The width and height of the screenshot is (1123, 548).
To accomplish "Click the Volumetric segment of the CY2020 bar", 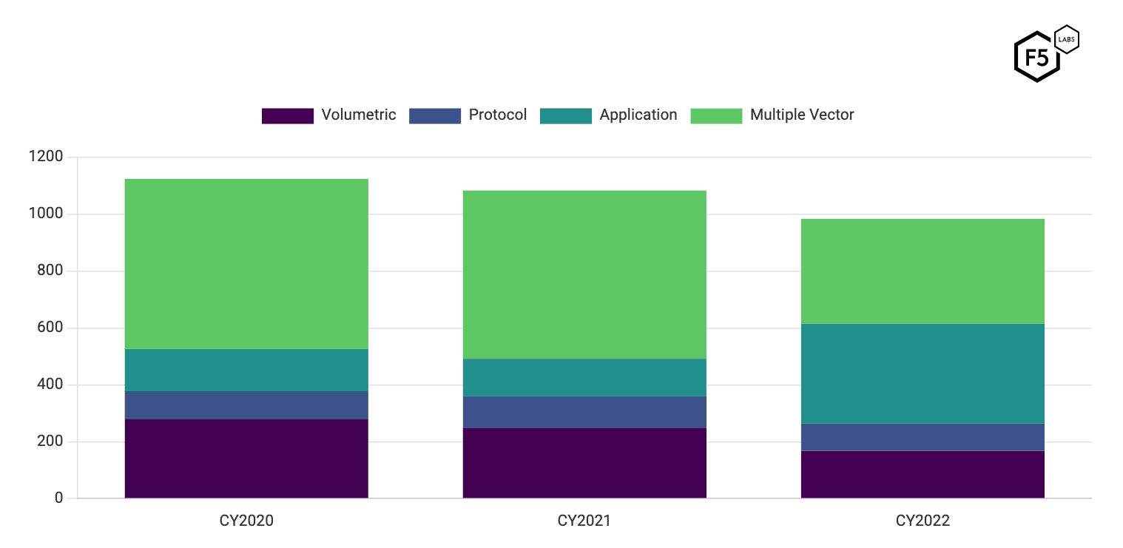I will (246, 459).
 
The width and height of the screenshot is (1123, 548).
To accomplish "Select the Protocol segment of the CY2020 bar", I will (246, 405).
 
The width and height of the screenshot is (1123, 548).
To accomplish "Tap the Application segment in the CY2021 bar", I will (584, 377).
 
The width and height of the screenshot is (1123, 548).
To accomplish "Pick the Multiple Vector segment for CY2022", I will (923, 271).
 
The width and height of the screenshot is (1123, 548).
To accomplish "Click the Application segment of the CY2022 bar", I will (923, 373).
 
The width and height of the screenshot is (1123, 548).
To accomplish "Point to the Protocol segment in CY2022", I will (923, 437).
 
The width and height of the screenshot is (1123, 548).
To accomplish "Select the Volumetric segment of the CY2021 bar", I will (584, 463).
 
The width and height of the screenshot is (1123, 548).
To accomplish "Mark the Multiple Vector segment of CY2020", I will (246, 263).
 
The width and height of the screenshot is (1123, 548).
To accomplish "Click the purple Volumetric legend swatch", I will (288, 116).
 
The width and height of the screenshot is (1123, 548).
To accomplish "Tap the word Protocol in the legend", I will (497, 115).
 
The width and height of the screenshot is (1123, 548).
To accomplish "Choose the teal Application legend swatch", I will (566, 116).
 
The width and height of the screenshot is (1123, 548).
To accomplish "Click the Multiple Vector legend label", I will (802, 115).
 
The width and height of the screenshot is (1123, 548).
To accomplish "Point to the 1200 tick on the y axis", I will (46, 157).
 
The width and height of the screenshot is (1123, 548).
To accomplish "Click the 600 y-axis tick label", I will (50, 328).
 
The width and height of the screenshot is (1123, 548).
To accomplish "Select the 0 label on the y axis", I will (59, 498).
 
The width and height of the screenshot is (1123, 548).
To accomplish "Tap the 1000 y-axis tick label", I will (46, 214).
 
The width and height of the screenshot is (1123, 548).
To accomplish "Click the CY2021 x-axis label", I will (584, 521).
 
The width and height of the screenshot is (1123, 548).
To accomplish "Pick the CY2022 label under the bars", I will (923, 521).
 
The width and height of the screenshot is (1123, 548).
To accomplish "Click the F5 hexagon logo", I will (1036, 58).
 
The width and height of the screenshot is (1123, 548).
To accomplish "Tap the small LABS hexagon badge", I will (1066, 40).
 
